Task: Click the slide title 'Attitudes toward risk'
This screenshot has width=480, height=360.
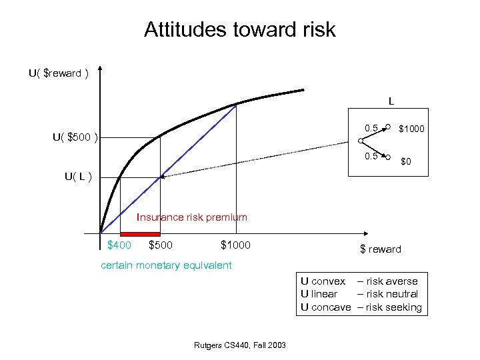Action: click(240, 29)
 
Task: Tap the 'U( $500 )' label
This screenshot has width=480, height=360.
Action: click(75, 138)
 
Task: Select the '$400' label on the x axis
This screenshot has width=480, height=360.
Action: click(119, 245)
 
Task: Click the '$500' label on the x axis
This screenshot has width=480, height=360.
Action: click(160, 245)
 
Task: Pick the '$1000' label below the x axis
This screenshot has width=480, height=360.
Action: click(235, 245)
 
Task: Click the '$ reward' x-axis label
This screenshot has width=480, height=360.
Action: click(381, 249)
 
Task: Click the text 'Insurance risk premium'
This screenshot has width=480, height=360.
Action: click(192, 217)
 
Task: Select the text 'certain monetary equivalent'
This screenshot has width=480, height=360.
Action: click(166, 265)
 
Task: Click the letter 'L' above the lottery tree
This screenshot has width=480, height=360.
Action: click(391, 102)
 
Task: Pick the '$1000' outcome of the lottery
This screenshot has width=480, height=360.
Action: click(412, 128)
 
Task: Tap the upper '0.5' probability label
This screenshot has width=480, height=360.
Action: click(371, 127)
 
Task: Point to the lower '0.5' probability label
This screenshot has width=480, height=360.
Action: click(371, 156)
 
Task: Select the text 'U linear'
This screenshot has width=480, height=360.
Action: click(319, 294)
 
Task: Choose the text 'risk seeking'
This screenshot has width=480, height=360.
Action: click(394, 307)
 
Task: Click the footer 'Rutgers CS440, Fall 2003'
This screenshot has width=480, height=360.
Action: click(240, 345)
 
